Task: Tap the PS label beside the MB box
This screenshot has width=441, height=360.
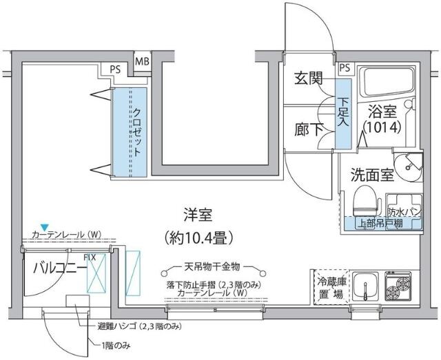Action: tap(114, 70)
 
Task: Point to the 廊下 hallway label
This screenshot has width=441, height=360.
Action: tap(308, 129)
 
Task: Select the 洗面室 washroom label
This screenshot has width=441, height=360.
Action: tap(372, 174)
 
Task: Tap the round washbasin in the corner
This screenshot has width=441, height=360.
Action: tap(412, 166)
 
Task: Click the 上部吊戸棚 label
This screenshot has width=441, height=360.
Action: tap(381, 224)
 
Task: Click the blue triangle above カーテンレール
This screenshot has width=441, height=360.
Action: tap(44, 226)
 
